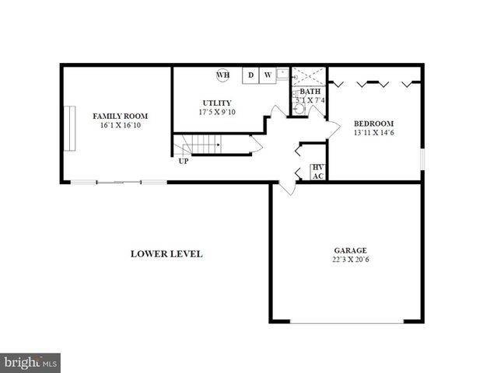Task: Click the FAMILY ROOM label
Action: pyautogui.click(x=114, y=116)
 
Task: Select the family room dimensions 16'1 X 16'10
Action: pyautogui.click(x=114, y=125)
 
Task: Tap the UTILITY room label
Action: pyautogui.click(x=216, y=103)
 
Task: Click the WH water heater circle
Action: pyautogui.click(x=222, y=75)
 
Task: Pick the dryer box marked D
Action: pyautogui.click(x=250, y=75)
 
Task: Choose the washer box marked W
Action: pyautogui.click(x=267, y=75)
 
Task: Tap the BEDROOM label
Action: pyautogui.click(x=373, y=124)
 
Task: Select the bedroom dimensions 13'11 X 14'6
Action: pyautogui.click(x=373, y=133)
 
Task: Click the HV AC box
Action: pyautogui.click(x=317, y=172)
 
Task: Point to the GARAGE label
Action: pyautogui.click(x=350, y=250)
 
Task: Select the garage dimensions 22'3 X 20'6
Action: pyautogui.click(x=350, y=260)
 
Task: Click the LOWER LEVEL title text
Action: pyautogui.click(x=166, y=254)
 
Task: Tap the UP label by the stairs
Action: pyautogui.click(x=183, y=162)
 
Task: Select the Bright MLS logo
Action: pyautogui.click(x=31, y=362)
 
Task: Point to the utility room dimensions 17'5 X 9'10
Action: pyautogui.click(x=216, y=112)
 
